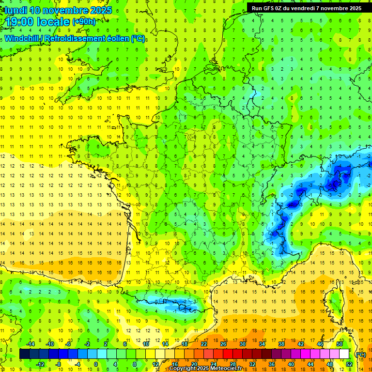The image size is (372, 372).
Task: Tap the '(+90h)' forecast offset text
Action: tap(84, 22)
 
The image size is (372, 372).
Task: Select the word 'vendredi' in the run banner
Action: tap(310, 8)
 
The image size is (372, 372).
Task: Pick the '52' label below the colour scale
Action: tap(349, 364)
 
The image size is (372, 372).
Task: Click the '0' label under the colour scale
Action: tap(95, 364)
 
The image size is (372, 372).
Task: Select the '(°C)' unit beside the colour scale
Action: tap(360, 354)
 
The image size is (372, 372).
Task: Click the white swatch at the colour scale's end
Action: tap(344, 354)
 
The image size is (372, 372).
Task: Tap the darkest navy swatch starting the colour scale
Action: tap(24, 354)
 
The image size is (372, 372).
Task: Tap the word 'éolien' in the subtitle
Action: tap(116, 38)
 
